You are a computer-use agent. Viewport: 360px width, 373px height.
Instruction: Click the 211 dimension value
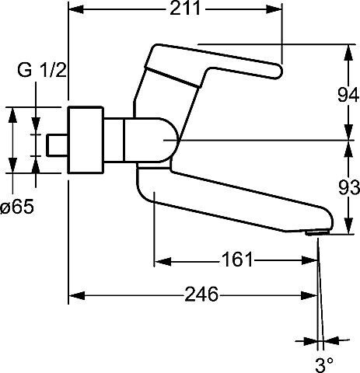point(185,9)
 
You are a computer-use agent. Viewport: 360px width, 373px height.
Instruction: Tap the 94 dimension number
point(348,95)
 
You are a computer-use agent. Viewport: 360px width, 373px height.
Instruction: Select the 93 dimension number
point(349,187)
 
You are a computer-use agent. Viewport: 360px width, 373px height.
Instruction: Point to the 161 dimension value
point(237,260)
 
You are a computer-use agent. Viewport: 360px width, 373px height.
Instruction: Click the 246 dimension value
point(201,294)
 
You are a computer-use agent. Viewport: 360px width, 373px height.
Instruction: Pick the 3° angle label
point(324,365)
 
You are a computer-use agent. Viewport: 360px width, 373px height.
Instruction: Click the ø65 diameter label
point(17,207)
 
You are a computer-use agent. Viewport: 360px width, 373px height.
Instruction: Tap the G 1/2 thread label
point(42,70)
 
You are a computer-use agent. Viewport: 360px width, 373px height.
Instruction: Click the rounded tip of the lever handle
point(277,71)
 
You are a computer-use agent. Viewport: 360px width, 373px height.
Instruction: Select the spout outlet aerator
point(317,233)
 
